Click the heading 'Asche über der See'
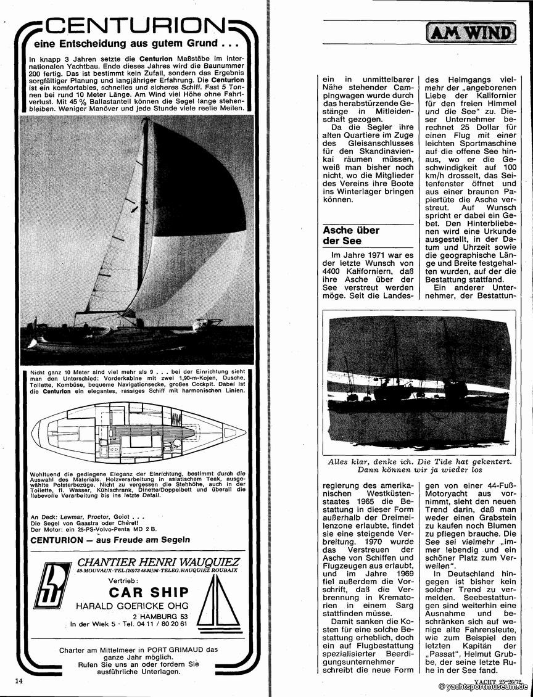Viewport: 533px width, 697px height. coord(351,235)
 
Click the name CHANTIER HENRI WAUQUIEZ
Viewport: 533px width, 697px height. coord(158,562)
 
